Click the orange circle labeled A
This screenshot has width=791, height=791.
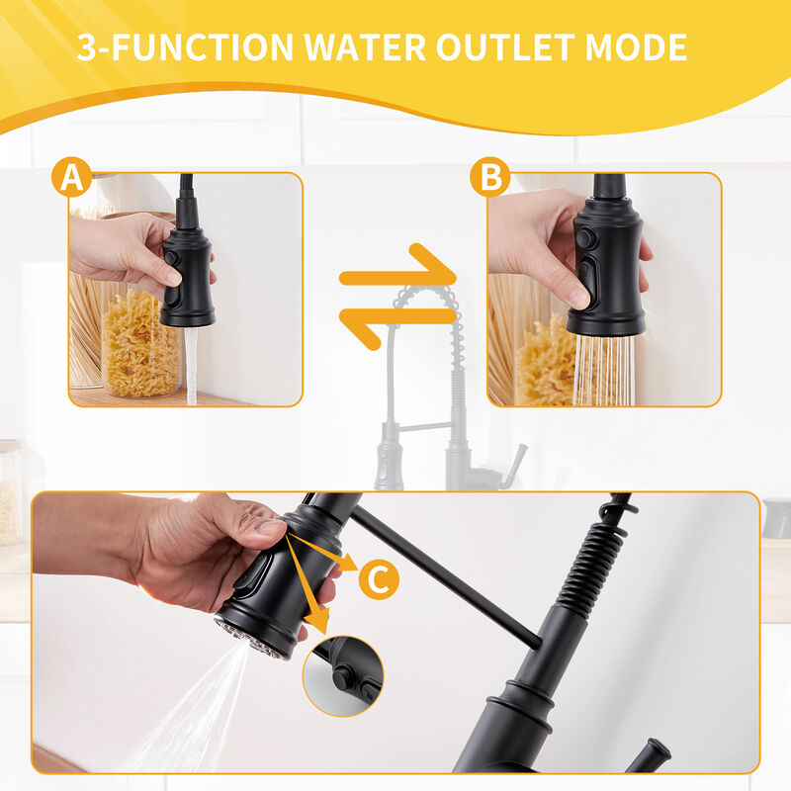tap(71, 178)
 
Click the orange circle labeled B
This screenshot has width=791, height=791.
tap(490, 178)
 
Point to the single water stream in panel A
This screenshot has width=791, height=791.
tap(192, 366)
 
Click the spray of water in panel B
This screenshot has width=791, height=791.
tap(603, 371)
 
